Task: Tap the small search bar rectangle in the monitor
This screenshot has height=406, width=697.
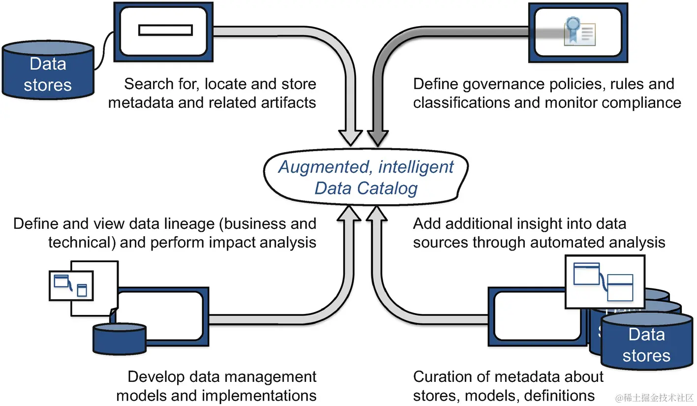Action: (x=165, y=31)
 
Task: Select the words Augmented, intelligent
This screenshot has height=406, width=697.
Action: (x=366, y=167)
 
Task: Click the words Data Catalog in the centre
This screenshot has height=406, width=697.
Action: (x=366, y=188)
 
